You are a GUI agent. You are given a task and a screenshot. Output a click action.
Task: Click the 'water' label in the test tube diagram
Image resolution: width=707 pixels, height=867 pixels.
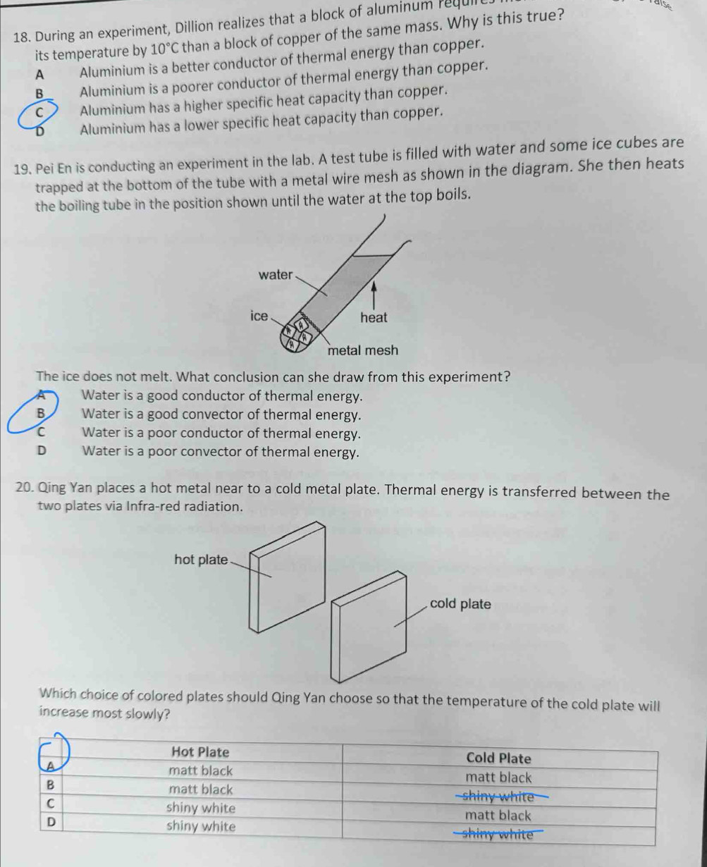click(275, 275)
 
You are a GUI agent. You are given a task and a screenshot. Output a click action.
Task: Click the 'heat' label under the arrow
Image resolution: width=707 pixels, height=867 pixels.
click(374, 318)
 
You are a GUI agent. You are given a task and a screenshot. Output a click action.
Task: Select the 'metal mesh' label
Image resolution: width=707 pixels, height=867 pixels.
click(362, 350)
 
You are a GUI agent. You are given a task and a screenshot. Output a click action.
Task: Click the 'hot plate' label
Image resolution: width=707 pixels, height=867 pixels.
click(201, 560)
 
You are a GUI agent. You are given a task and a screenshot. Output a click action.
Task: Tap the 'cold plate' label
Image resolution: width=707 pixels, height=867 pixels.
click(460, 604)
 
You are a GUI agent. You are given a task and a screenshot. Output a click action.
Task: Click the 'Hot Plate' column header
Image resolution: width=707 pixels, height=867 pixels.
click(200, 751)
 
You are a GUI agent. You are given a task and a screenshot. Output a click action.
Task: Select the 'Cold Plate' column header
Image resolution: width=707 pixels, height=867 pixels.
click(498, 758)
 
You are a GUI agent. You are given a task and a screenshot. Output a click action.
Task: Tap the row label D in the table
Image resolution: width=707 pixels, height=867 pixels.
click(50, 821)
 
